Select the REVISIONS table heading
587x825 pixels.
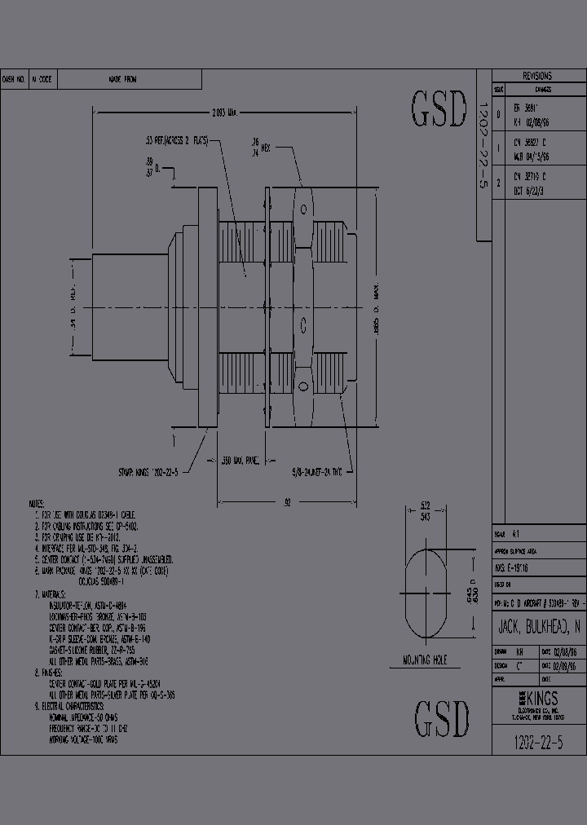[x=537, y=75]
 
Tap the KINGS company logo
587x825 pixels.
[x=538, y=699]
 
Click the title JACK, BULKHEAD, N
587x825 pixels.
[x=539, y=627]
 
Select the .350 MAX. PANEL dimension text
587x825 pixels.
[x=241, y=461]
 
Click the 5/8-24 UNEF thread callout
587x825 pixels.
[x=323, y=471]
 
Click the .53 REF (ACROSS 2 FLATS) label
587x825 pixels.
[x=175, y=141]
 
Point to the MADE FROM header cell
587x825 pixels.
[x=123, y=79]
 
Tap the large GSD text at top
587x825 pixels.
[x=439, y=110]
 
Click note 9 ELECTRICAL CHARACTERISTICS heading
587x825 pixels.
[x=82, y=704]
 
